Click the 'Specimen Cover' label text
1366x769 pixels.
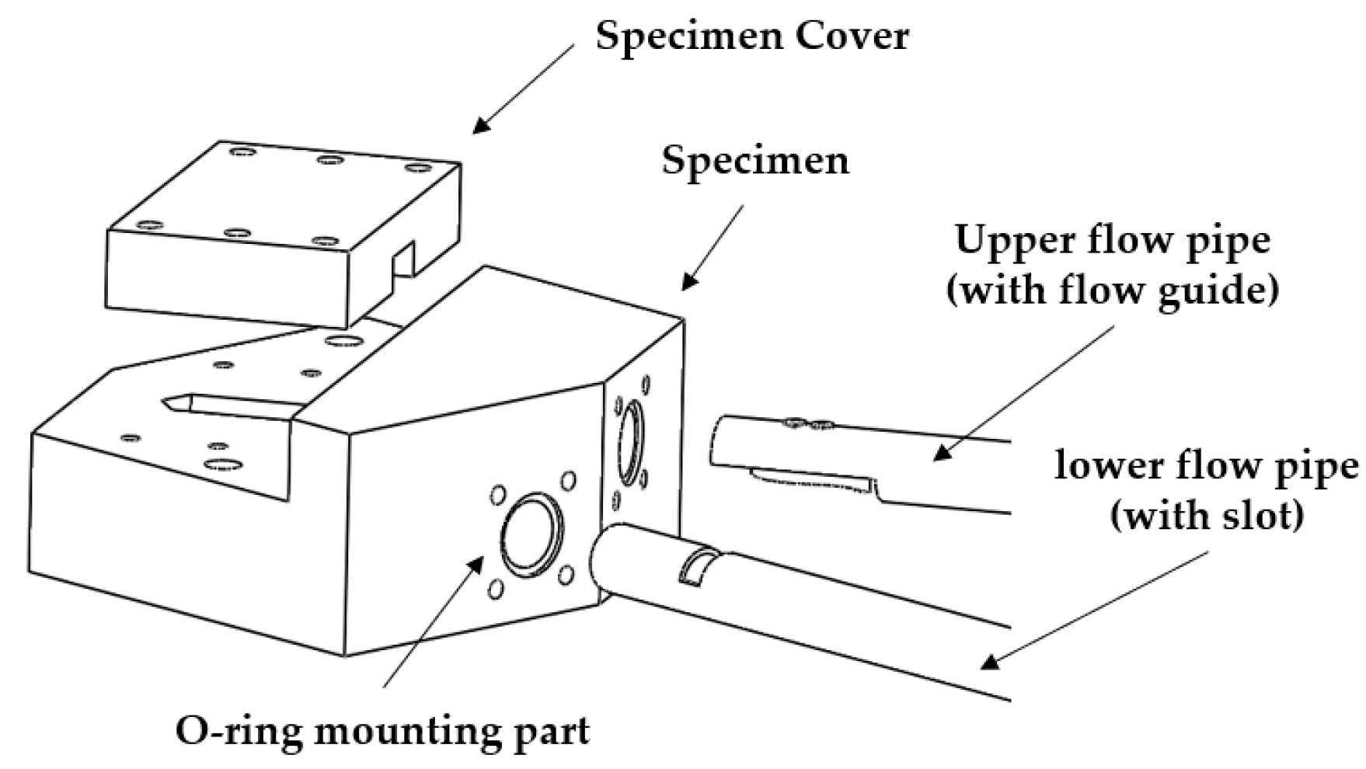(x=751, y=36)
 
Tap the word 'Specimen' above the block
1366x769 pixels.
(x=755, y=162)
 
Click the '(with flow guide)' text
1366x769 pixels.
(x=1112, y=290)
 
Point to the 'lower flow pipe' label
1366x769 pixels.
(x=1206, y=466)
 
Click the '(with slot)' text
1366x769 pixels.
(x=1206, y=515)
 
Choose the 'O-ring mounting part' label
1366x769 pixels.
(x=382, y=730)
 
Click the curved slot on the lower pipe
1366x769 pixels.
(x=697, y=565)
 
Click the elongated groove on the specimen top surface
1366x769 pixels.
(x=233, y=403)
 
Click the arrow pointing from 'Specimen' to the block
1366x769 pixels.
(x=713, y=247)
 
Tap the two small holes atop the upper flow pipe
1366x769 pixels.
(x=808, y=424)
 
